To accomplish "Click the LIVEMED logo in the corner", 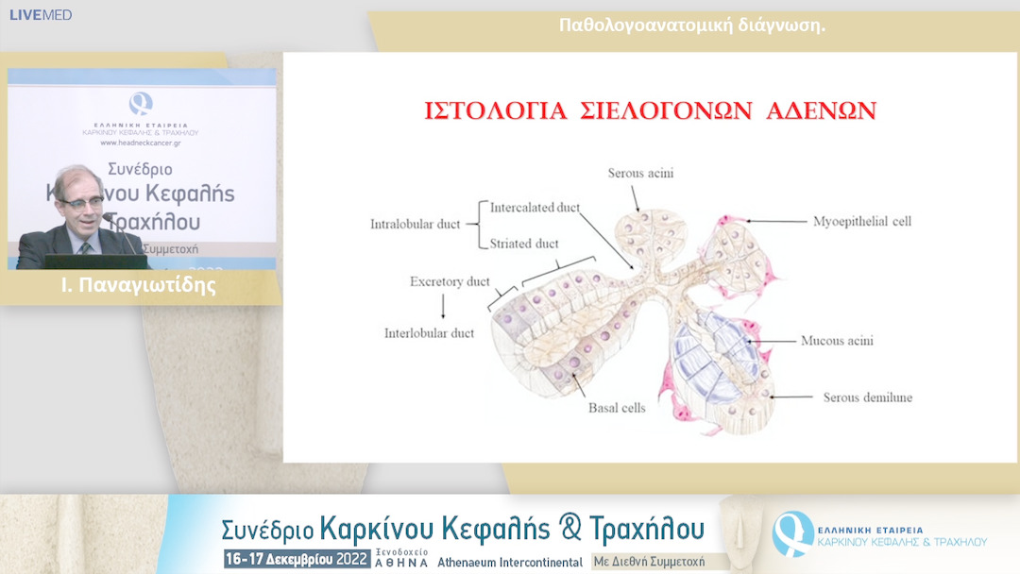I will coord(41,15).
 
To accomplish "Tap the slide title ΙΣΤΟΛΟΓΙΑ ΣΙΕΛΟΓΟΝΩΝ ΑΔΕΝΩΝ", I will coord(649,110).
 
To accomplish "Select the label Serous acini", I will coord(640,173).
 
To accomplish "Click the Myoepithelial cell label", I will coord(861,222).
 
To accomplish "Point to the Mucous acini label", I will coord(837,340).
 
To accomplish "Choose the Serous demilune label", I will coord(867,397).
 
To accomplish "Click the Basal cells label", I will coord(617,408).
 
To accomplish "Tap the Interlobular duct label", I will coord(429,333).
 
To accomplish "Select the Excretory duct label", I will coord(450,281).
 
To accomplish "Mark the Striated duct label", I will coord(524,244).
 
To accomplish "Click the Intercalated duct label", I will coord(535,207).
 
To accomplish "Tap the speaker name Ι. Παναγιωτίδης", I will coord(140,286).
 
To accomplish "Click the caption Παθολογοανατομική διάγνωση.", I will coord(692,25).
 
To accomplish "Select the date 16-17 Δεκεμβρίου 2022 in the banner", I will coord(297,560).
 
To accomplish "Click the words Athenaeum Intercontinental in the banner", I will coord(510,562).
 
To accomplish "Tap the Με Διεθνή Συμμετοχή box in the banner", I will coord(648,562).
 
